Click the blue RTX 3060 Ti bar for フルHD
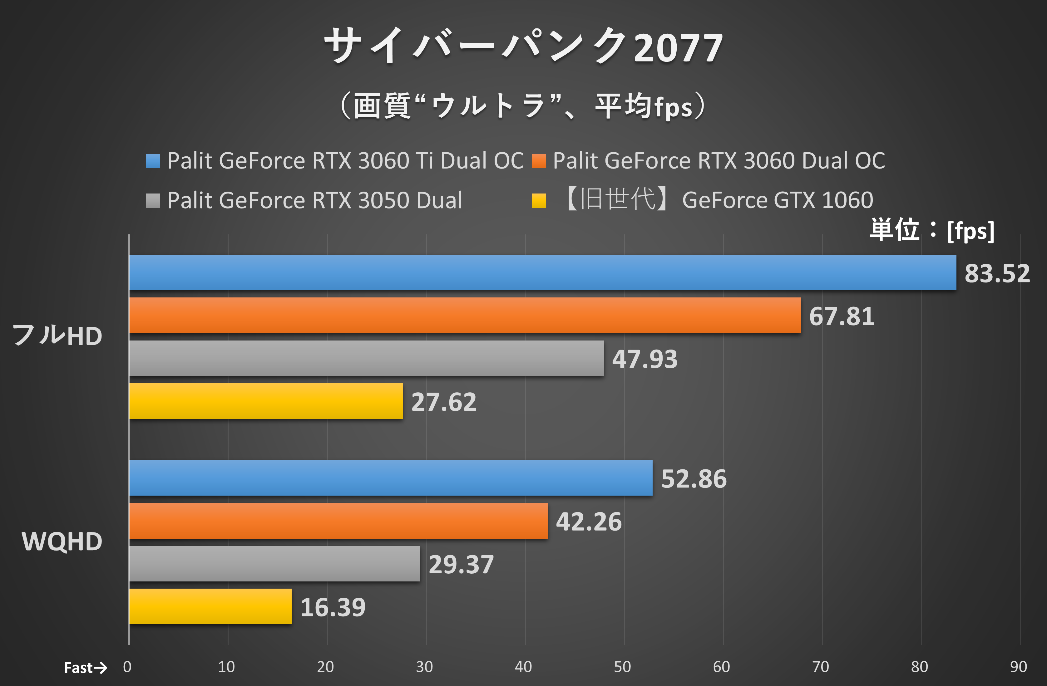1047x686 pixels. [542, 273]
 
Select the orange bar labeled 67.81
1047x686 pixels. [465, 315]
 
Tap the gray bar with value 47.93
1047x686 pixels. [367, 358]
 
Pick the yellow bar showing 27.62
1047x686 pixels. [266, 401]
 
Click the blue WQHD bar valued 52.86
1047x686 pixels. [391, 478]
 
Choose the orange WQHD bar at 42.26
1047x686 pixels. [338, 521]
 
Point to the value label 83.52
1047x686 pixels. [997, 273]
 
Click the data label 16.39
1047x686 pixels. [333, 607]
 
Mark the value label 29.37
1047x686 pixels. [461, 565]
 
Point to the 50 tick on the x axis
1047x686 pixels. [622, 667]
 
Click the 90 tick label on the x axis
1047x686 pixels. [1018, 667]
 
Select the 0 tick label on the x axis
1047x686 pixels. [127, 667]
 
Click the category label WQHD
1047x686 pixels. [62, 541]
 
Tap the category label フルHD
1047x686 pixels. [57, 336]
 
